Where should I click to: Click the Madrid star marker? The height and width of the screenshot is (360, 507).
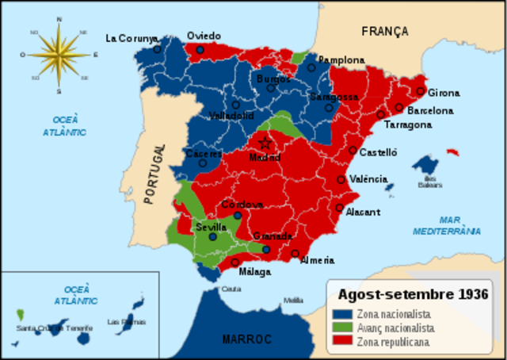pos(265,144)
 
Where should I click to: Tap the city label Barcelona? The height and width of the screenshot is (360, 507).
pos(430,111)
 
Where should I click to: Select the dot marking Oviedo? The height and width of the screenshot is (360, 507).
pos(200,49)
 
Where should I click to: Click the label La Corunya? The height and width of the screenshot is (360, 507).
pos(132,37)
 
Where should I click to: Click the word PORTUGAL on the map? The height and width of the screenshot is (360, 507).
pos(156,174)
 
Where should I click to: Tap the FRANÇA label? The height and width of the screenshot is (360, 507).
pos(384,32)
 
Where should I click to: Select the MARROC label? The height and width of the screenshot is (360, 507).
pos(246,339)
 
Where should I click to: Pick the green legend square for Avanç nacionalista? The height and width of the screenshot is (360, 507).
pos(343,327)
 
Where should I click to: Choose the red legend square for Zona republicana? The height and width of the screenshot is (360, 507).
pos(343,341)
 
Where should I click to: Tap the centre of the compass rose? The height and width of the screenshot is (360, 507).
pos(59,54)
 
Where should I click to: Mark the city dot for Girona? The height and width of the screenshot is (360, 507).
pos(421,90)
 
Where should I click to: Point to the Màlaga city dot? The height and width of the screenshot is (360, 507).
pos(235,262)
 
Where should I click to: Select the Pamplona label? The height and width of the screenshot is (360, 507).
pos(341,60)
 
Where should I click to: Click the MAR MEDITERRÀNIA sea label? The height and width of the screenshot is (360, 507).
pos(446,226)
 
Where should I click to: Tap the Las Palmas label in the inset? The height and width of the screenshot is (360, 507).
pos(124,322)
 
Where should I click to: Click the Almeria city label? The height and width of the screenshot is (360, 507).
pos(317,260)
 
